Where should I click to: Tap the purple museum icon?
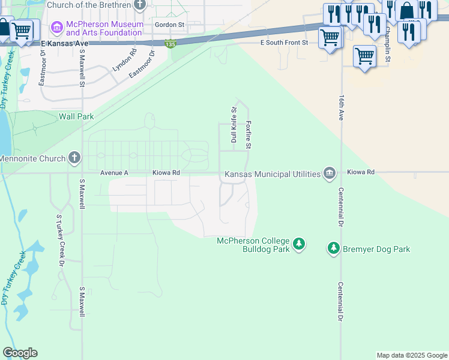tap(57, 27)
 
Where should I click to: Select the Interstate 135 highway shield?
tap(170, 44)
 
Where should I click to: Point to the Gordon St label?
tap(169, 25)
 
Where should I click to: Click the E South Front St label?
tap(283, 43)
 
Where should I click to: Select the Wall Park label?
tap(76, 116)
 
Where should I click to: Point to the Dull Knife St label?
tap(234, 125)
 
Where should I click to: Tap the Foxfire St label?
tap(248, 135)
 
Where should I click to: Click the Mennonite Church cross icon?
tap(74, 158)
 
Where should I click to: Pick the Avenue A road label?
tap(115, 172)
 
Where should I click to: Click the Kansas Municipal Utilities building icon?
tap(329, 173)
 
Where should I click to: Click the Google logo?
tap(20, 353)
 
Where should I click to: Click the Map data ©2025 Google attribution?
tap(412, 355)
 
